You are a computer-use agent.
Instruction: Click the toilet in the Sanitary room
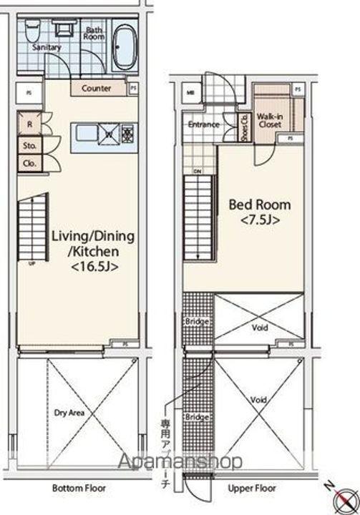[31, 30]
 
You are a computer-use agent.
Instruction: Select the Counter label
[97, 89]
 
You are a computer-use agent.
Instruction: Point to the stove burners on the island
[127, 132]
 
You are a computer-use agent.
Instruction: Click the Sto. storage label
[30, 145]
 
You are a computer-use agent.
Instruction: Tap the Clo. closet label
[30, 162]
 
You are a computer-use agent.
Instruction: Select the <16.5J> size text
[94, 267]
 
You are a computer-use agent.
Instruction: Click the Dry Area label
[70, 413]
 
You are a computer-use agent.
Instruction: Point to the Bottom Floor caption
[79, 489]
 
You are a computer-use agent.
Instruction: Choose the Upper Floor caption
[251, 489]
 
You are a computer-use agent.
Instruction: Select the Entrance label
[203, 124]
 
